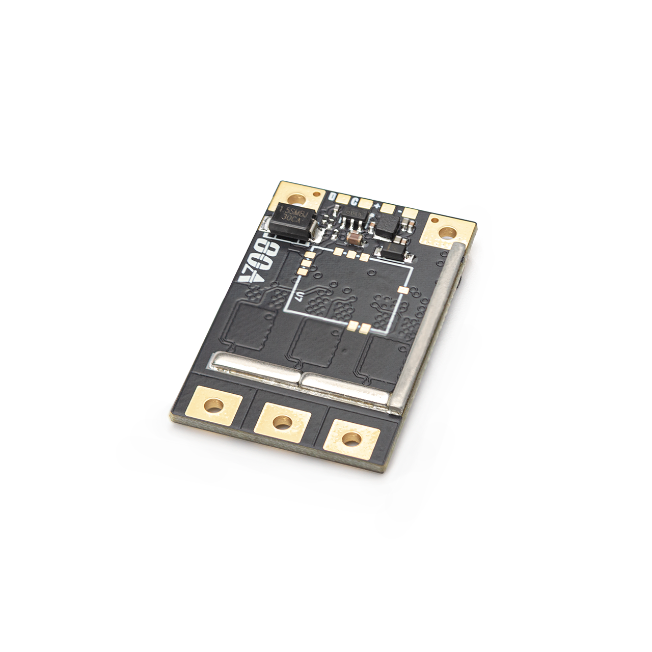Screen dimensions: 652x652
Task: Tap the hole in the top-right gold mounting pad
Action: pyautogui.click(x=447, y=232)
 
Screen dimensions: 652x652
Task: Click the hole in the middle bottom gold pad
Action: pyautogui.click(x=281, y=422)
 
